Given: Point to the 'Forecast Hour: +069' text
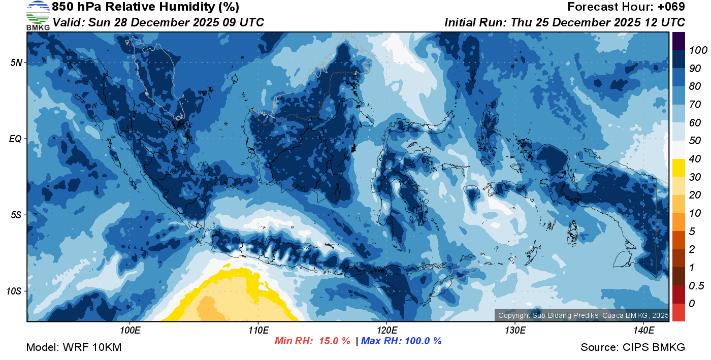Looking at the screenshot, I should pos(626,7).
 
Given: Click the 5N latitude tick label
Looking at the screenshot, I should pos(16,62).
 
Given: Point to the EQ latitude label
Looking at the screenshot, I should pos(15,139).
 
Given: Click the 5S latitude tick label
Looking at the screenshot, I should pos(16,215).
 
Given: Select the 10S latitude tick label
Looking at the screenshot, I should pos(14,291).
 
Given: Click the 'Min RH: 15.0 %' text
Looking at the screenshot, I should pos(312,341).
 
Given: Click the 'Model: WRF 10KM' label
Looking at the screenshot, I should pos(74,348).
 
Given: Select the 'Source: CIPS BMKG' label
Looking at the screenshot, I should pos(633,348).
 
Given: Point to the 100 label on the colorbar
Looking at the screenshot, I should pos(695,50).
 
